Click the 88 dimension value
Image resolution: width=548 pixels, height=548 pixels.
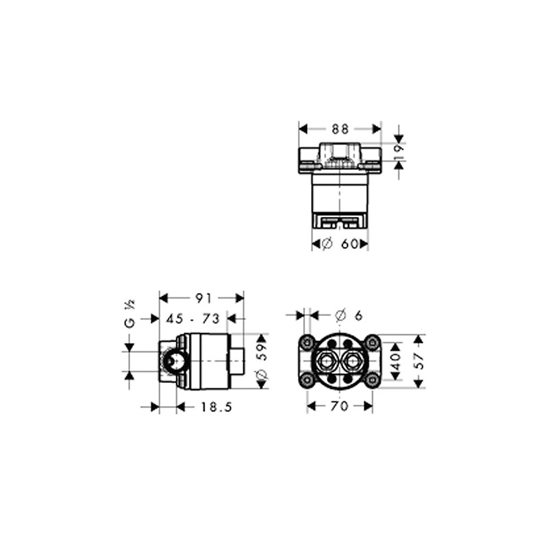coord(340,129)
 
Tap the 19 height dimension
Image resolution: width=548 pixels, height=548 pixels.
coord(399,152)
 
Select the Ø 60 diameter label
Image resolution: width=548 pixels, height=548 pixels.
coord(340,244)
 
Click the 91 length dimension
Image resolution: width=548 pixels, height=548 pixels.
coord(203,298)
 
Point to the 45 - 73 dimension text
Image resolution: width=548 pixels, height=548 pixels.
coord(192,319)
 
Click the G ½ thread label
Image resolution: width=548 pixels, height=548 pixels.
coord(129,314)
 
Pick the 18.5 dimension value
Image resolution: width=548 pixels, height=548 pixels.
coord(216,407)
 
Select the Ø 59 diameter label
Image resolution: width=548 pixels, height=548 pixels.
coord(262,361)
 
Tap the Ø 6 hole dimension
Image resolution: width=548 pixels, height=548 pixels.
coord(349,315)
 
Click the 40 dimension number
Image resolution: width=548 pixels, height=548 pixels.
coord(396,362)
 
